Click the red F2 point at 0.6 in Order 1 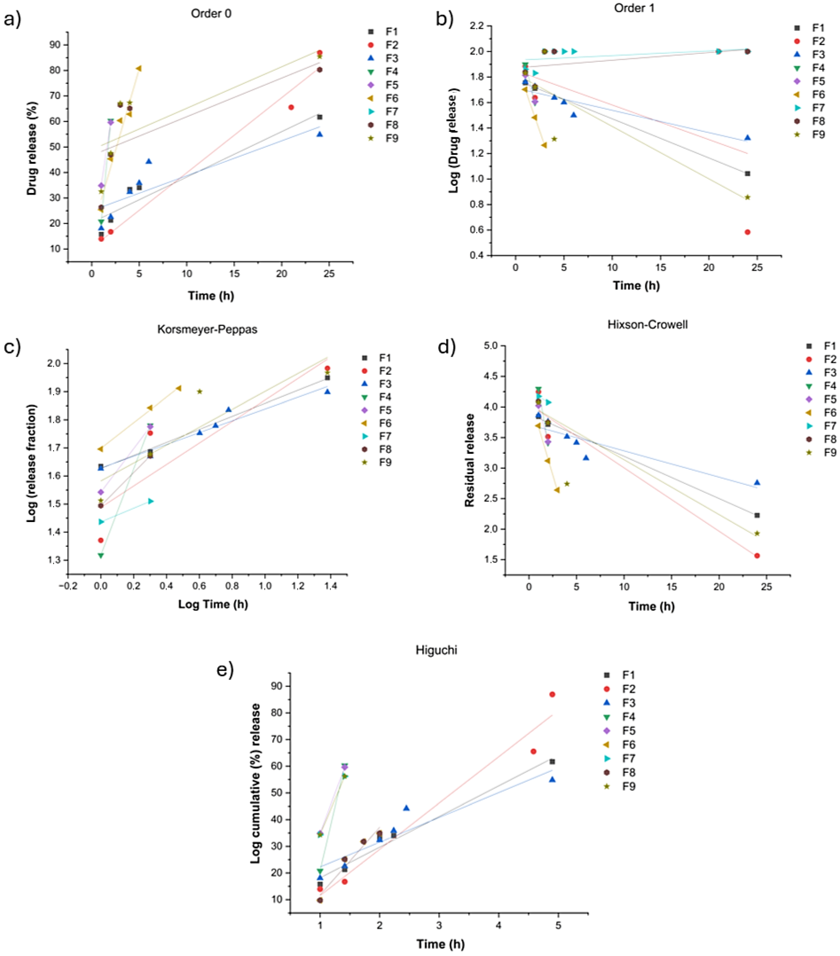(x=747, y=232)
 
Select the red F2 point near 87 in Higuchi (x=552, y=695)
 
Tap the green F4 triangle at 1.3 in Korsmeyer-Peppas (x=101, y=556)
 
